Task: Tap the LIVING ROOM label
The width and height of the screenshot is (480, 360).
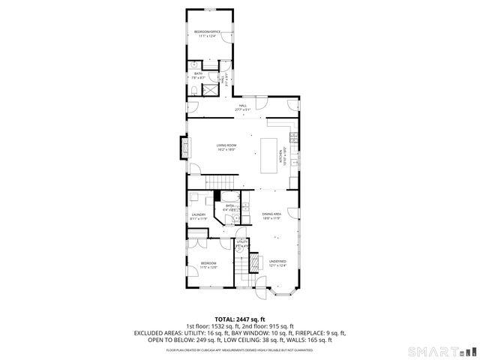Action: (x=226, y=145)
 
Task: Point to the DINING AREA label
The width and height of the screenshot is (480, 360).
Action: (x=271, y=214)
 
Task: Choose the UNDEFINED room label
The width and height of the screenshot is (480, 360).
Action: (x=278, y=261)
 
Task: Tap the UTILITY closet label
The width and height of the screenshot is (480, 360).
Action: (x=241, y=241)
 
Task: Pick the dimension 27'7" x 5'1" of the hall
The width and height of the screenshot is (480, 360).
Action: (x=241, y=110)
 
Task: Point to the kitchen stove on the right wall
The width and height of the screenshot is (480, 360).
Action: (x=294, y=137)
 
